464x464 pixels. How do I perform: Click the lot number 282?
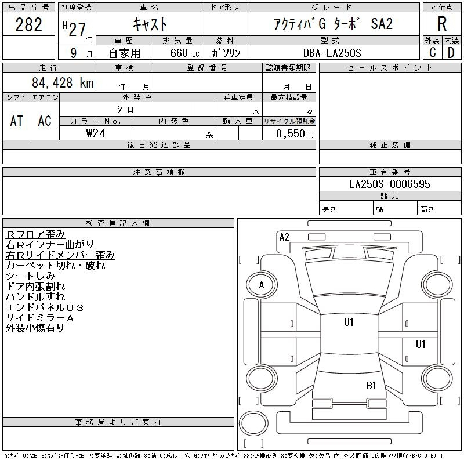(x=28, y=24)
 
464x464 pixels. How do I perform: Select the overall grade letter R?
(x=442, y=24)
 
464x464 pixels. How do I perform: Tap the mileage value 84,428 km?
(x=63, y=82)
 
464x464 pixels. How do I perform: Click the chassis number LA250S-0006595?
(x=389, y=184)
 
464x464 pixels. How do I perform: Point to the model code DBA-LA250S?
(x=332, y=53)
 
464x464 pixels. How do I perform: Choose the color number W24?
(x=96, y=133)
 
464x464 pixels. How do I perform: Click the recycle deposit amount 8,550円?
(x=295, y=134)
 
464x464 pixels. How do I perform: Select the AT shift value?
(x=16, y=121)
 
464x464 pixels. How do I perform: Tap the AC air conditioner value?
(x=45, y=121)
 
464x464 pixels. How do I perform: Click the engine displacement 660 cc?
(x=184, y=53)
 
